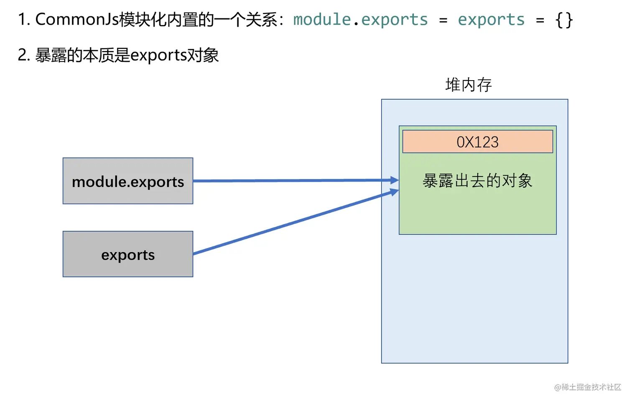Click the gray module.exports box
(128, 181)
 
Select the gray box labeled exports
(128, 254)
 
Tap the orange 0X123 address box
(477, 142)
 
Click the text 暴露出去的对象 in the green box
(477, 181)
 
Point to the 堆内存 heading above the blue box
(469, 85)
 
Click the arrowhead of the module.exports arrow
(394, 180)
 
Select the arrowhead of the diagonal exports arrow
(394, 192)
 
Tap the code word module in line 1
(322, 20)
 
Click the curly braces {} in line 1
(564, 20)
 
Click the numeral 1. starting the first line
(24, 20)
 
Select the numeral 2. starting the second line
(24, 56)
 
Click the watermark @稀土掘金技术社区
(587, 387)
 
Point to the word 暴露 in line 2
(51, 56)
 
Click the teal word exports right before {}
(491, 20)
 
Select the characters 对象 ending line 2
(203, 56)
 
